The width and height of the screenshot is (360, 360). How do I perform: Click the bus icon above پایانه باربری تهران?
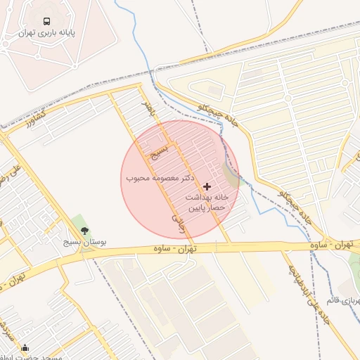tap(46, 21)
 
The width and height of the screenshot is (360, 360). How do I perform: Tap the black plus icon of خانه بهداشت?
tap(206, 186)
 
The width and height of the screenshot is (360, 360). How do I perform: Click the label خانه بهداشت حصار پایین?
tap(206, 202)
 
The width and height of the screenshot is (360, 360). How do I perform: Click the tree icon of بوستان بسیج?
tap(85, 230)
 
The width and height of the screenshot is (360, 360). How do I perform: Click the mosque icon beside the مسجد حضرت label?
tap(26, 347)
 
